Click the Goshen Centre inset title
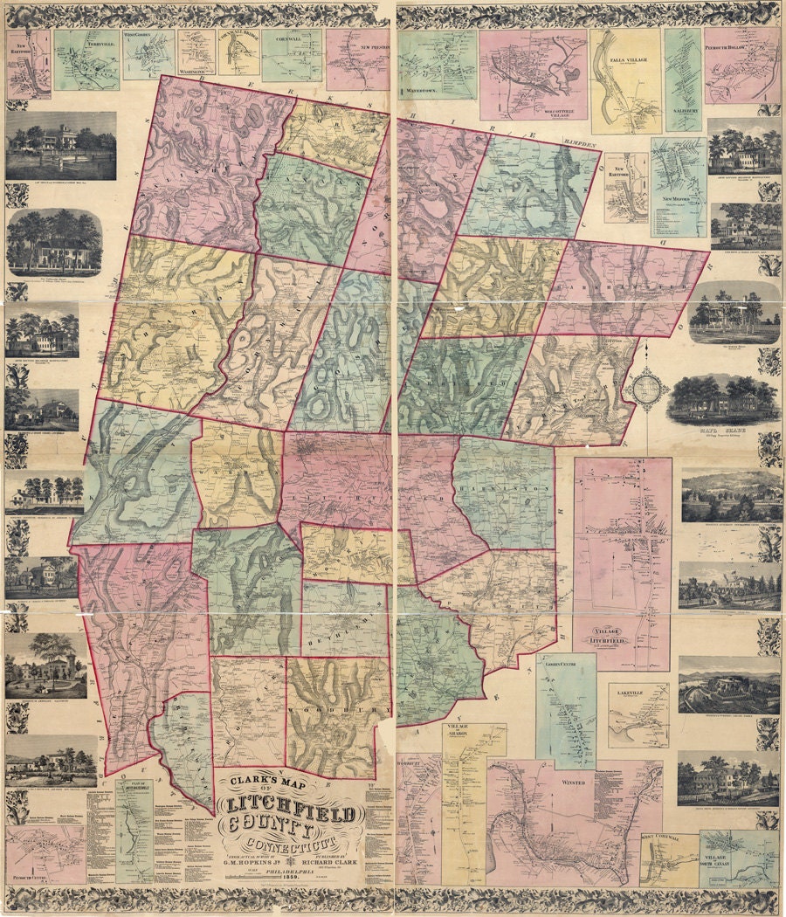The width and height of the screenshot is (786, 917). click(x=566, y=663)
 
